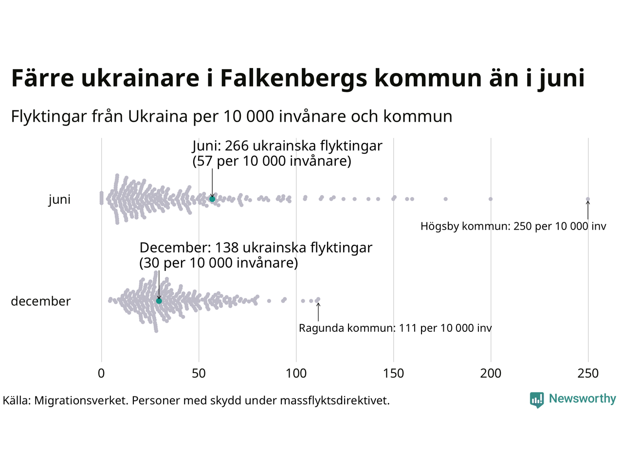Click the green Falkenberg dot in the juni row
tap(212, 199)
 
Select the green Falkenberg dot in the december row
tap(159, 301)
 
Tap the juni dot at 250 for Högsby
tap(588, 199)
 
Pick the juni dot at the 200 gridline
tap(491, 199)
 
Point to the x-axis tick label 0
tap(101, 374)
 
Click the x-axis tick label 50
tap(199, 374)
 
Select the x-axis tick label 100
tap(296, 374)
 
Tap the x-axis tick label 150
tap(393, 374)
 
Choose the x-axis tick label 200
tap(491, 374)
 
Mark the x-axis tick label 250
tap(588, 374)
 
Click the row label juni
tap(59, 200)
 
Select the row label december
tap(41, 302)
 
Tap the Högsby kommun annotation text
tap(513, 226)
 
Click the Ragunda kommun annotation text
tap(395, 328)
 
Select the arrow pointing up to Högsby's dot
tap(588, 210)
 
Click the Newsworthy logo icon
tap(537, 400)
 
